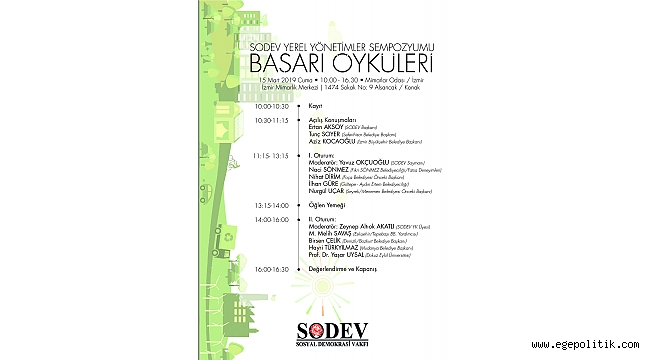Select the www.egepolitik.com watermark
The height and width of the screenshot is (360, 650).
click(x=587, y=347)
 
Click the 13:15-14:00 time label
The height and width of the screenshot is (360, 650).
click(x=271, y=204)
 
